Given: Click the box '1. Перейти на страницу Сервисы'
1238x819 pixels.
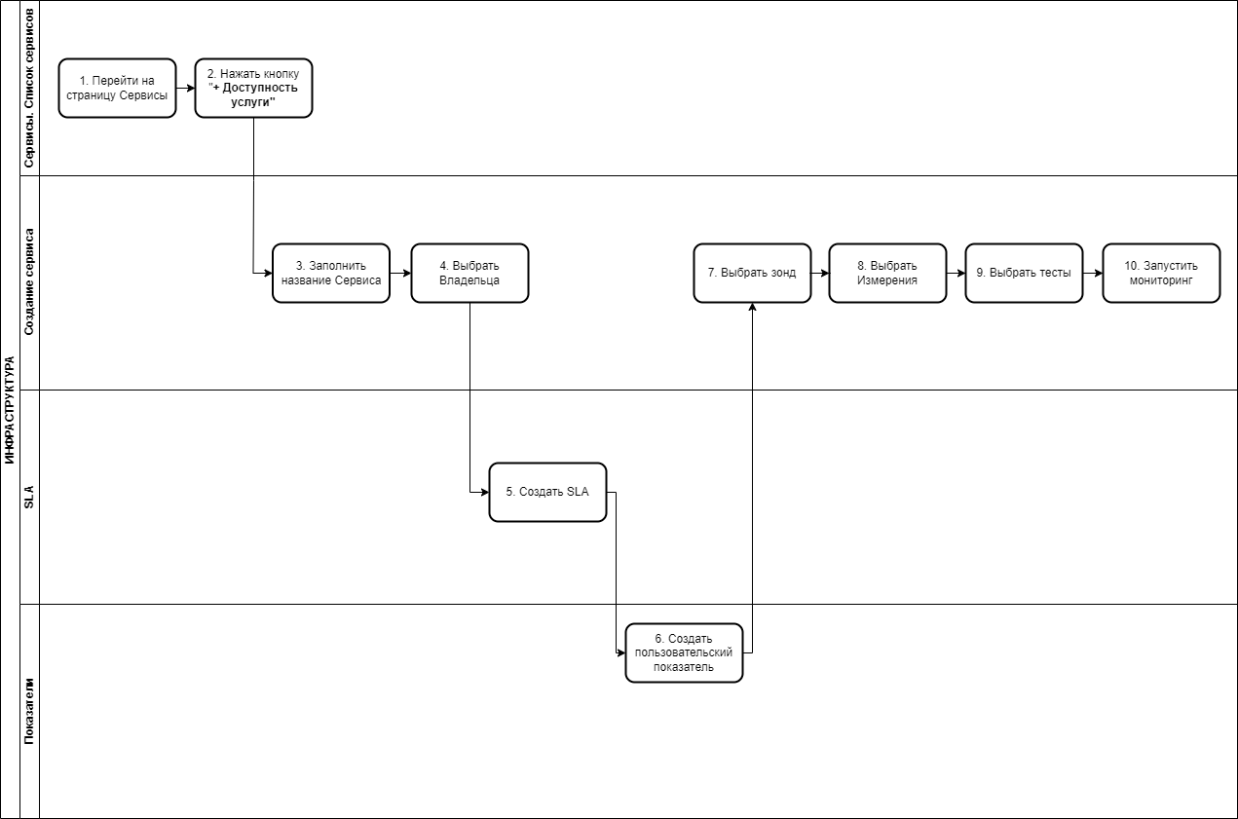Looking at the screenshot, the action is [x=117, y=89].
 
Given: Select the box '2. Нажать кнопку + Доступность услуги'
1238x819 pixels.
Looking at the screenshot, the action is [x=253, y=89].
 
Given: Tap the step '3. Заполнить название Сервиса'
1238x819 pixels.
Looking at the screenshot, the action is [x=331, y=273].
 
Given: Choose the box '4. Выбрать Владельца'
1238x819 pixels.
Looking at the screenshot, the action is [x=469, y=273].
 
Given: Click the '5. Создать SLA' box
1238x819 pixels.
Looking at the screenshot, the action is [x=547, y=493].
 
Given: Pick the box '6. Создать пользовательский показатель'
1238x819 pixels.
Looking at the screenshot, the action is [x=684, y=653].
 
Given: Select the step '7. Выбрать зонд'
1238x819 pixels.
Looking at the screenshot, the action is [x=752, y=273].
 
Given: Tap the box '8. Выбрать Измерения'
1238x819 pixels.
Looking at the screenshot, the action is [x=887, y=273].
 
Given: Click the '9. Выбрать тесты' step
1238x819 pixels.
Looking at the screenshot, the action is [x=1024, y=273].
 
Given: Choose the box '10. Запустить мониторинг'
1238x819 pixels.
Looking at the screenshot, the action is [x=1161, y=273].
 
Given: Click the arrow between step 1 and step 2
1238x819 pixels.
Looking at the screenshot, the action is [x=186, y=89].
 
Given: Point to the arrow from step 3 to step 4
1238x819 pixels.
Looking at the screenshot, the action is [x=400, y=273].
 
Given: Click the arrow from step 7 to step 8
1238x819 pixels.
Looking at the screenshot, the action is [x=820, y=273].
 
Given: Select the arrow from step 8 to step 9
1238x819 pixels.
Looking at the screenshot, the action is [x=957, y=273].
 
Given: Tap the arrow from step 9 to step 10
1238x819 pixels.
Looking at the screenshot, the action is [x=1093, y=273].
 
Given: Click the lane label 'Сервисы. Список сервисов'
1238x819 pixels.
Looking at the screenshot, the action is [x=29, y=89].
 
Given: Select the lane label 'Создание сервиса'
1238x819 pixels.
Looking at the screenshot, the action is [x=29, y=281].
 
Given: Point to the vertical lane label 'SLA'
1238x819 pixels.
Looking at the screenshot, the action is [x=29, y=497].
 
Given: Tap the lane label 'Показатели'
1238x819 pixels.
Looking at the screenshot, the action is [x=29, y=711].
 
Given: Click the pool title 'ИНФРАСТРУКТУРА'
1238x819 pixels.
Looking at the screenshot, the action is [x=10, y=409].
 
